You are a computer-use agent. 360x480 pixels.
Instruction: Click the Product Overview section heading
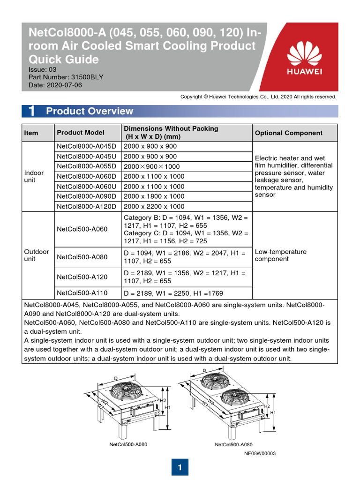(90, 111)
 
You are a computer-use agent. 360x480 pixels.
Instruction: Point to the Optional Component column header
(288, 133)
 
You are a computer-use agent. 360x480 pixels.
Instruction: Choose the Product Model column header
(81, 133)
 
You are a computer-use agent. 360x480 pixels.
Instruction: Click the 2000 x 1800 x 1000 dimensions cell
(154, 196)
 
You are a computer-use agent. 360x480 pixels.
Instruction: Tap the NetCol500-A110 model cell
(82, 293)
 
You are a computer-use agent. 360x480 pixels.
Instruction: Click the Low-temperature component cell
(280, 255)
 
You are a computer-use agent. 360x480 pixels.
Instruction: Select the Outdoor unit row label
(36, 255)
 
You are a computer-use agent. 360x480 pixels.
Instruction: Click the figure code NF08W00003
(260, 453)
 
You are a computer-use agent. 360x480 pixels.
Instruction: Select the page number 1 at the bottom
(180, 467)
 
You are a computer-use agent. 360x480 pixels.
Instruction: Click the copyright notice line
(258, 97)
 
